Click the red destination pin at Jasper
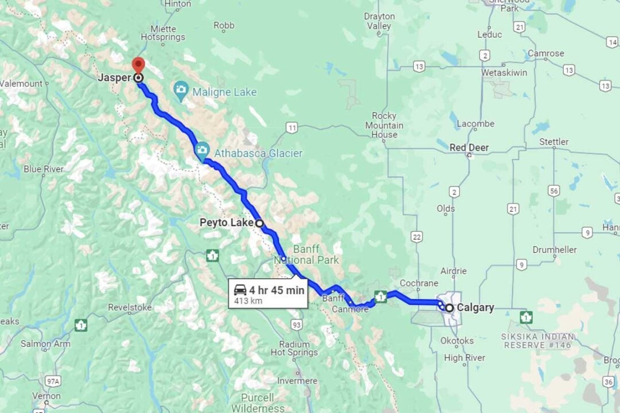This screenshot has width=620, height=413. (x=138, y=64)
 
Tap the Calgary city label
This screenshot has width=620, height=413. (x=475, y=308)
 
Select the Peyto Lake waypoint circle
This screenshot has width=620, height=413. (x=259, y=223)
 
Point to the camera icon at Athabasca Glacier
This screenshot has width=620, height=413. (x=201, y=151)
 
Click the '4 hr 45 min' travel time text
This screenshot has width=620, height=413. (x=276, y=290)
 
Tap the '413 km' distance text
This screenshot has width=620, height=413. (x=249, y=301)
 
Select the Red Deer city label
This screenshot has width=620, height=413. (x=469, y=147)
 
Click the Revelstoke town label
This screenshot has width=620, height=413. (x=130, y=307)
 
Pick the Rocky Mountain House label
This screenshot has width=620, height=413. (x=385, y=125)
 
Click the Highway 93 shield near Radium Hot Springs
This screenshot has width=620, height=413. (x=296, y=325)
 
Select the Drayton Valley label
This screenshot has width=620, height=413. (x=379, y=21)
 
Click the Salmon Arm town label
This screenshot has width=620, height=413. (x=45, y=344)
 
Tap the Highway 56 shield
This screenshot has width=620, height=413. (x=553, y=190)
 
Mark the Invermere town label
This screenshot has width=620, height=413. (x=297, y=381)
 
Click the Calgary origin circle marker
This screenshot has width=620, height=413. (x=449, y=308)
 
